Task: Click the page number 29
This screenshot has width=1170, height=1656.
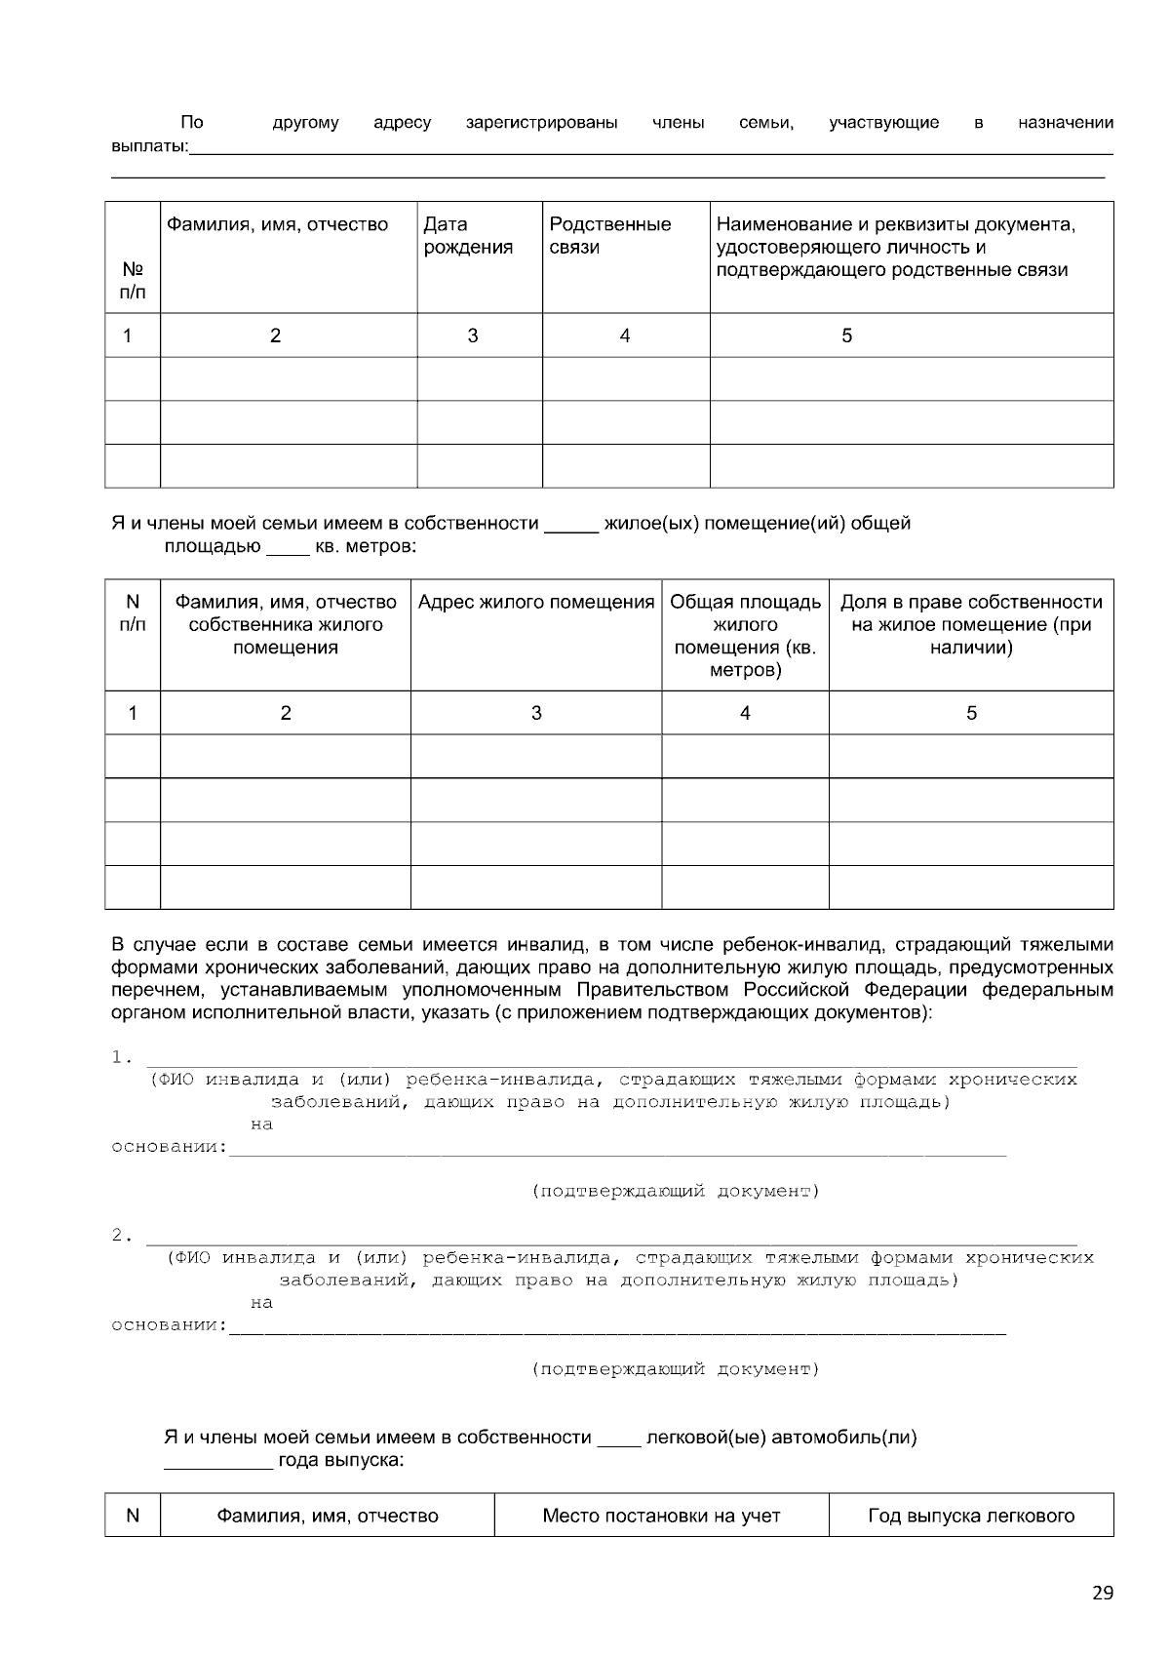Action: point(1102,1594)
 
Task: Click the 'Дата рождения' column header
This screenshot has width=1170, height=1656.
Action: point(468,236)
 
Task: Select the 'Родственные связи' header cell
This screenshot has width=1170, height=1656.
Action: point(609,236)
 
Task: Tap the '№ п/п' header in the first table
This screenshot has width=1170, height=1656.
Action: point(133,280)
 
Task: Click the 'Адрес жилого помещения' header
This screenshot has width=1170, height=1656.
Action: point(536,603)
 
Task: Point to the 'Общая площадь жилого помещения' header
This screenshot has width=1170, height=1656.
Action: point(745,636)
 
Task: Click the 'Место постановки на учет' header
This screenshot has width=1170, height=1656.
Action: point(661,1516)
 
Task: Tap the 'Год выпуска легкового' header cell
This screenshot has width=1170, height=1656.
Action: point(971,1516)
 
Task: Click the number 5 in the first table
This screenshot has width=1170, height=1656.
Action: point(846,335)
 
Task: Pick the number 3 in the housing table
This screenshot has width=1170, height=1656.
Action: point(536,713)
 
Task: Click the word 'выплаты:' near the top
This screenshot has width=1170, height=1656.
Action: point(149,147)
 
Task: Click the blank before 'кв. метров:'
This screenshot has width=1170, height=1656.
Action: point(288,549)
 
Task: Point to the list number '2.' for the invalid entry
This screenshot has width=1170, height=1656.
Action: point(122,1236)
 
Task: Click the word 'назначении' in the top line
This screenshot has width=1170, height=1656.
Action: point(1065,123)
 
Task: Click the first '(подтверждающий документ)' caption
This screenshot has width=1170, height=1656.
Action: point(675,1191)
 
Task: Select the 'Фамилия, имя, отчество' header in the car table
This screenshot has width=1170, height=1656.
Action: point(327,1516)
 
